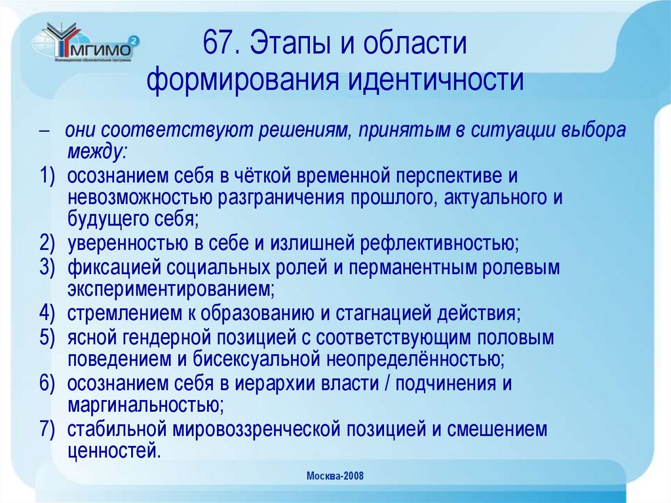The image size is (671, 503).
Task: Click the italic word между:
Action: click(x=98, y=151)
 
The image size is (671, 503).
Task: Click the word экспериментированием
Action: click(x=170, y=288)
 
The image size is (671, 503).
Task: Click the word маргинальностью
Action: click(x=145, y=405)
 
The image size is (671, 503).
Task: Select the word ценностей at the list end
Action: click(x=113, y=451)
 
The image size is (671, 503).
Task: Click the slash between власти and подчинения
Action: click(x=389, y=384)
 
